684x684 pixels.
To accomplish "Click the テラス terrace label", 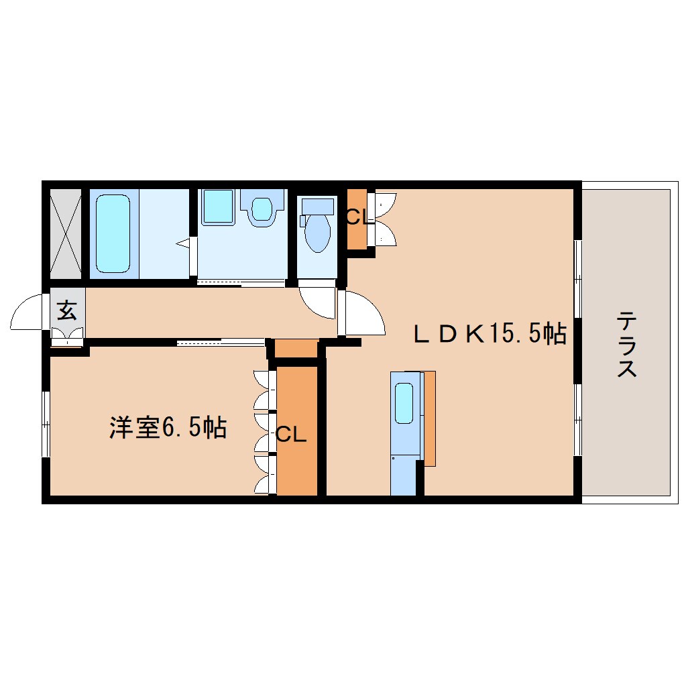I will pos(626,344).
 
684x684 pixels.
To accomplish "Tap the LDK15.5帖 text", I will pos(490,333).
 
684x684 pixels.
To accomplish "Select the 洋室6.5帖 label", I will pos(168,427).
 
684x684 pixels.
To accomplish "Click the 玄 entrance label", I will pos(66,310).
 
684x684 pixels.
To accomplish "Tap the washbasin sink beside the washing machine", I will pos(262,207).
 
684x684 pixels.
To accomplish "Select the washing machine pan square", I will pos(218,207).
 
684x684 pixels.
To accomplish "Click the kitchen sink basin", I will pos(404,403).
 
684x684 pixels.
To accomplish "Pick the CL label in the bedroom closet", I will pos(291,435).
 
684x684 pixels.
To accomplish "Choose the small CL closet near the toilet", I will pos(357,219).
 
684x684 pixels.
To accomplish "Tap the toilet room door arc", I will pos(317,302).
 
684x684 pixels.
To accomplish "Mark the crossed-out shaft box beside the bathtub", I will pos(66,233).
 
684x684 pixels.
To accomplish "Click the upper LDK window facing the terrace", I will pos(577,274).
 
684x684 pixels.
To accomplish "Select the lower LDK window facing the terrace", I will pos(577,418).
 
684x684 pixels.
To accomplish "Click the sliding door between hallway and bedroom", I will pos(221,343).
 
